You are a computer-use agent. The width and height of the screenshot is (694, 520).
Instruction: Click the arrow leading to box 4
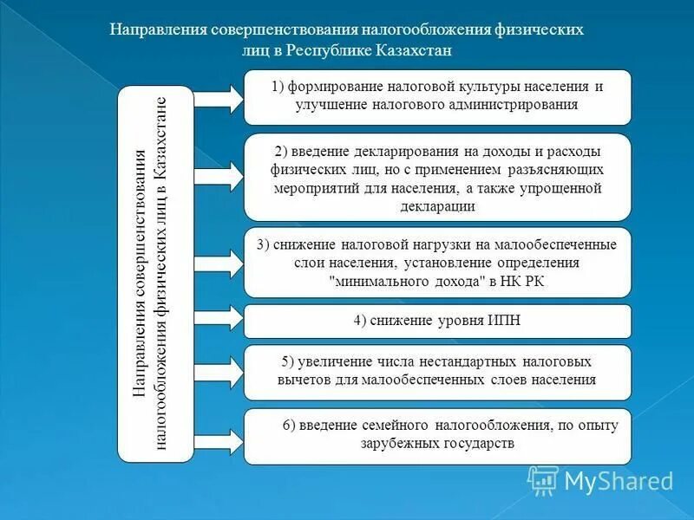coord(217,321)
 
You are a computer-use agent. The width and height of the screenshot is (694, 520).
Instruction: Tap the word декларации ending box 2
coord(437,206)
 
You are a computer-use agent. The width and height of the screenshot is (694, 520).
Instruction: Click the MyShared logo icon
coord(544,479)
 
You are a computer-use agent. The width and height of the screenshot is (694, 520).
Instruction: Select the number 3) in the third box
coord(263,244)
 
